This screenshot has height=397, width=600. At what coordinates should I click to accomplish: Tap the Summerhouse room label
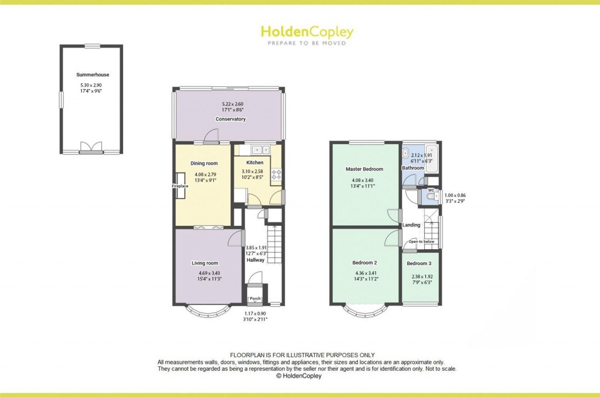pos(93,75)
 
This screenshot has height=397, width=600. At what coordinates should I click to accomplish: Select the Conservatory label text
pos(230,119)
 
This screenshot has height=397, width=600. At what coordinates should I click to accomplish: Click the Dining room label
pos(204,163)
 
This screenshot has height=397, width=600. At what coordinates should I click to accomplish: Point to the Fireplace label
pos(180,186)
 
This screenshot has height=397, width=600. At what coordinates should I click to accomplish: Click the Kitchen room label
pos(254,162)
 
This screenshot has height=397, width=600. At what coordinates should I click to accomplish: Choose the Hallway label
pos(255,260)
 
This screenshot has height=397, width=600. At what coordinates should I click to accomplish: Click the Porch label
pos(255,299)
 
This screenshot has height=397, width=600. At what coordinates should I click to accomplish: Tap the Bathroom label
pos(412,168)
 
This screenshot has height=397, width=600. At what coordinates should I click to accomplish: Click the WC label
pos(431,191)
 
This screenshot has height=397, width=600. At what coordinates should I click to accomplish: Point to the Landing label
pos(411,225)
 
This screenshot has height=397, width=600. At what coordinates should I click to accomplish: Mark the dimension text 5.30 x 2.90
pos(93,86)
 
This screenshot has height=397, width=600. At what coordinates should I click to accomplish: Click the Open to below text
pos(421,242)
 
